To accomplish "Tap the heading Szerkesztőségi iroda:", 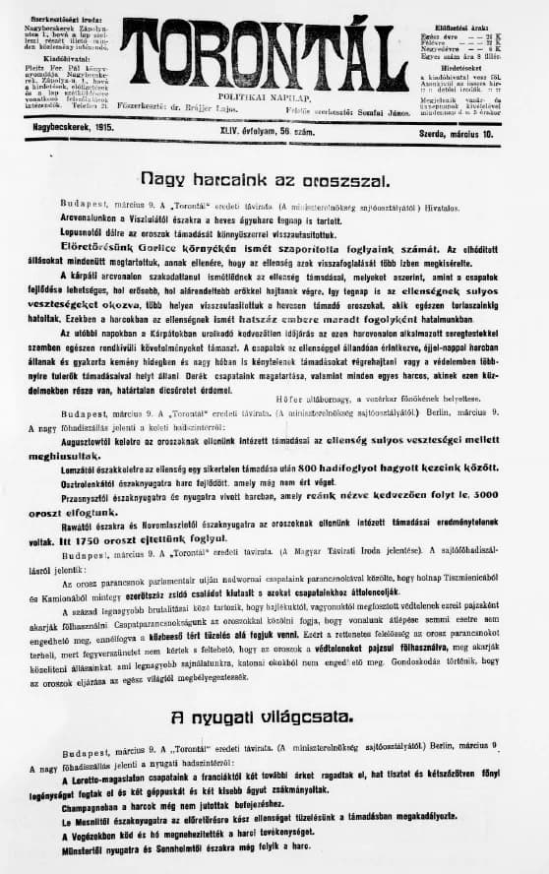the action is (60, 19).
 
